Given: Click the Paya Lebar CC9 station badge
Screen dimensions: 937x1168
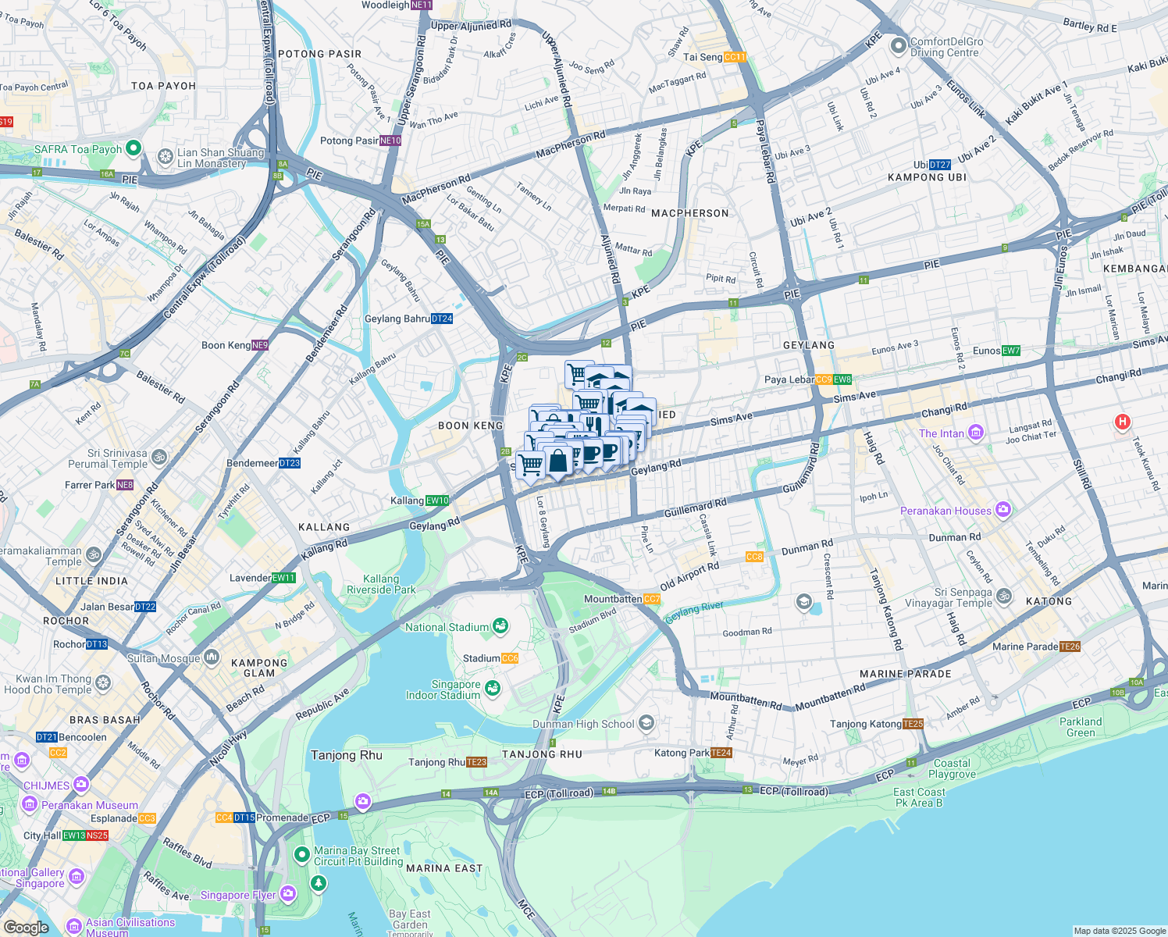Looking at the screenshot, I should pyautogui.click(x=824, y=380).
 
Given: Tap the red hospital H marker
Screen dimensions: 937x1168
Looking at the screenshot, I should pyautogui.click(x=1122, y=422).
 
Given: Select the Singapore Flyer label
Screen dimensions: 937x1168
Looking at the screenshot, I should pyautogui.click(x=238, y=895).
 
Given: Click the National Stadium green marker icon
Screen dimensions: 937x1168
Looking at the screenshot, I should pyautogui.click(x=500, y=626).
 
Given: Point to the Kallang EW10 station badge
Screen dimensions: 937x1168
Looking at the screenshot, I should pyautogui.click(x=438, y=501).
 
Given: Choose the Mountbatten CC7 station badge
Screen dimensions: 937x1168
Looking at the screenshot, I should pyautogui.click(x=652, y=599).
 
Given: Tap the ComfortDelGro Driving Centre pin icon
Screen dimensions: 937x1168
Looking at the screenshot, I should pyautogui.click(x=898, y=47).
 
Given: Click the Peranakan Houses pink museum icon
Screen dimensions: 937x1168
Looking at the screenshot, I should pyautogui.click(x=1003, y=511).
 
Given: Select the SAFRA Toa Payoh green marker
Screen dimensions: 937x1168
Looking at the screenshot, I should pyautogui.click(x=133, y=148).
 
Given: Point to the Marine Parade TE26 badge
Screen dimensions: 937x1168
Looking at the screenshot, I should pyautogui.click(x=1070, y=647).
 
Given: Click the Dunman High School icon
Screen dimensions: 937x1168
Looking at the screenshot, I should pyautogui.click(x=646, y=723).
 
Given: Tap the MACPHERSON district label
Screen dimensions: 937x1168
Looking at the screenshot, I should pyautogui.click(x=689, y=213).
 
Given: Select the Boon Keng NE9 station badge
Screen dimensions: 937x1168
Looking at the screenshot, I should pyautogui.click(x=260, y=345).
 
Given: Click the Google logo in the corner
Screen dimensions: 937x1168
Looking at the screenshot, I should pyautogui.click(x=26, y=927).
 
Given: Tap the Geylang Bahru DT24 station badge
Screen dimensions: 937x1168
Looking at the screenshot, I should pyautogui.click(x=442, y=319).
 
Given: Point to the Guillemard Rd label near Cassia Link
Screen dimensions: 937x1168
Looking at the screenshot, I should pyautogui.click(x=695, y=508).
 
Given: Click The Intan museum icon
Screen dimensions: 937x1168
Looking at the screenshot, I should pyautogui.click(x=975, y=433).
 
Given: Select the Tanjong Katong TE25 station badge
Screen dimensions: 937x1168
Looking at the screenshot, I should pyautogui.click(x=913, y=724).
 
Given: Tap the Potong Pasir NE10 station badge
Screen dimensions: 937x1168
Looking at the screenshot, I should pyautogui.click(x=390, y=141).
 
